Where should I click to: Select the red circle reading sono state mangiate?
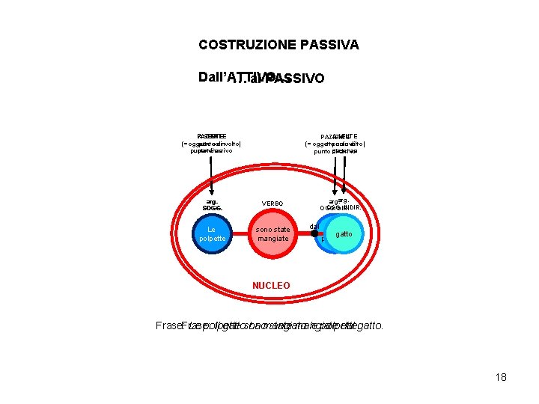(272, 233)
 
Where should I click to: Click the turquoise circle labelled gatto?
(344, 233)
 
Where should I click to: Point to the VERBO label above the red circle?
(272, 203)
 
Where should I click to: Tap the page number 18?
(501, 377)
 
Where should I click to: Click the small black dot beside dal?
(314, 233)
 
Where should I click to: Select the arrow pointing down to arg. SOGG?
(210, 176)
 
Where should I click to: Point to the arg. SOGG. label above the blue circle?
(210, 203)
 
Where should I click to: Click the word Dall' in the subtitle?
(213, 77)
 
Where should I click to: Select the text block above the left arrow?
(210, 143)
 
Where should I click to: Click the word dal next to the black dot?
(314, 226)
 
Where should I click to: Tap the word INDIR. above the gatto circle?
(352, 207)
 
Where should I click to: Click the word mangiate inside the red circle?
(272, 239)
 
